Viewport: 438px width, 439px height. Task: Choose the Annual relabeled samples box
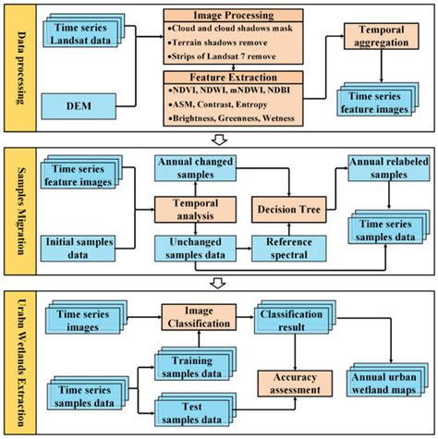[381, 168]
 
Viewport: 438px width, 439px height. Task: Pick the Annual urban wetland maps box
[382, 382]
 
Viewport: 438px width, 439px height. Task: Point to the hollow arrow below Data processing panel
[219, 140]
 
